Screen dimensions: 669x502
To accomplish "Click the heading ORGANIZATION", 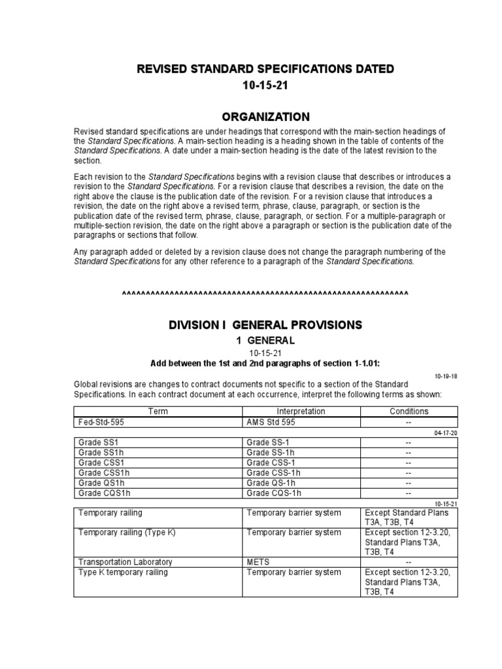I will [x=265, y=117].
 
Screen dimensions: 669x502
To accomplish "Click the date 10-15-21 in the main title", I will [x=265, y=86].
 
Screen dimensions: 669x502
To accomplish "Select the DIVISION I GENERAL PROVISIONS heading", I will [x=265, y=325].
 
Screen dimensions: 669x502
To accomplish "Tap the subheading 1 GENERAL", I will [x=265, y=340].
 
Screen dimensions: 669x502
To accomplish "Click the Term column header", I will [x=158, y=411].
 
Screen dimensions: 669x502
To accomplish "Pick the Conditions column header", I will [x=409, y=411].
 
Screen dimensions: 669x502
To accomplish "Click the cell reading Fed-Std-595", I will [x=101, y=422].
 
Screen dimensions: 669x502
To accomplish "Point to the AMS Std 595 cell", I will [x=271, y=422].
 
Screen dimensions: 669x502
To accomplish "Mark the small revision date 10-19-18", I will [x=446, y=376].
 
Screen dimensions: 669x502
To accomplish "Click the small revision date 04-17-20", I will [x=446, y=432].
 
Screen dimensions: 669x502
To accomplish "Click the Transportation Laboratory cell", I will [x=125, y=562].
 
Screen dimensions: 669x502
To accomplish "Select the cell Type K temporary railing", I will [x=123, y=572].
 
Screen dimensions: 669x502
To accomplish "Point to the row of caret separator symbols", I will [x=265, y=293].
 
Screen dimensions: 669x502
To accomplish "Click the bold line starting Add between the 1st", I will [x=265, y=363].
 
